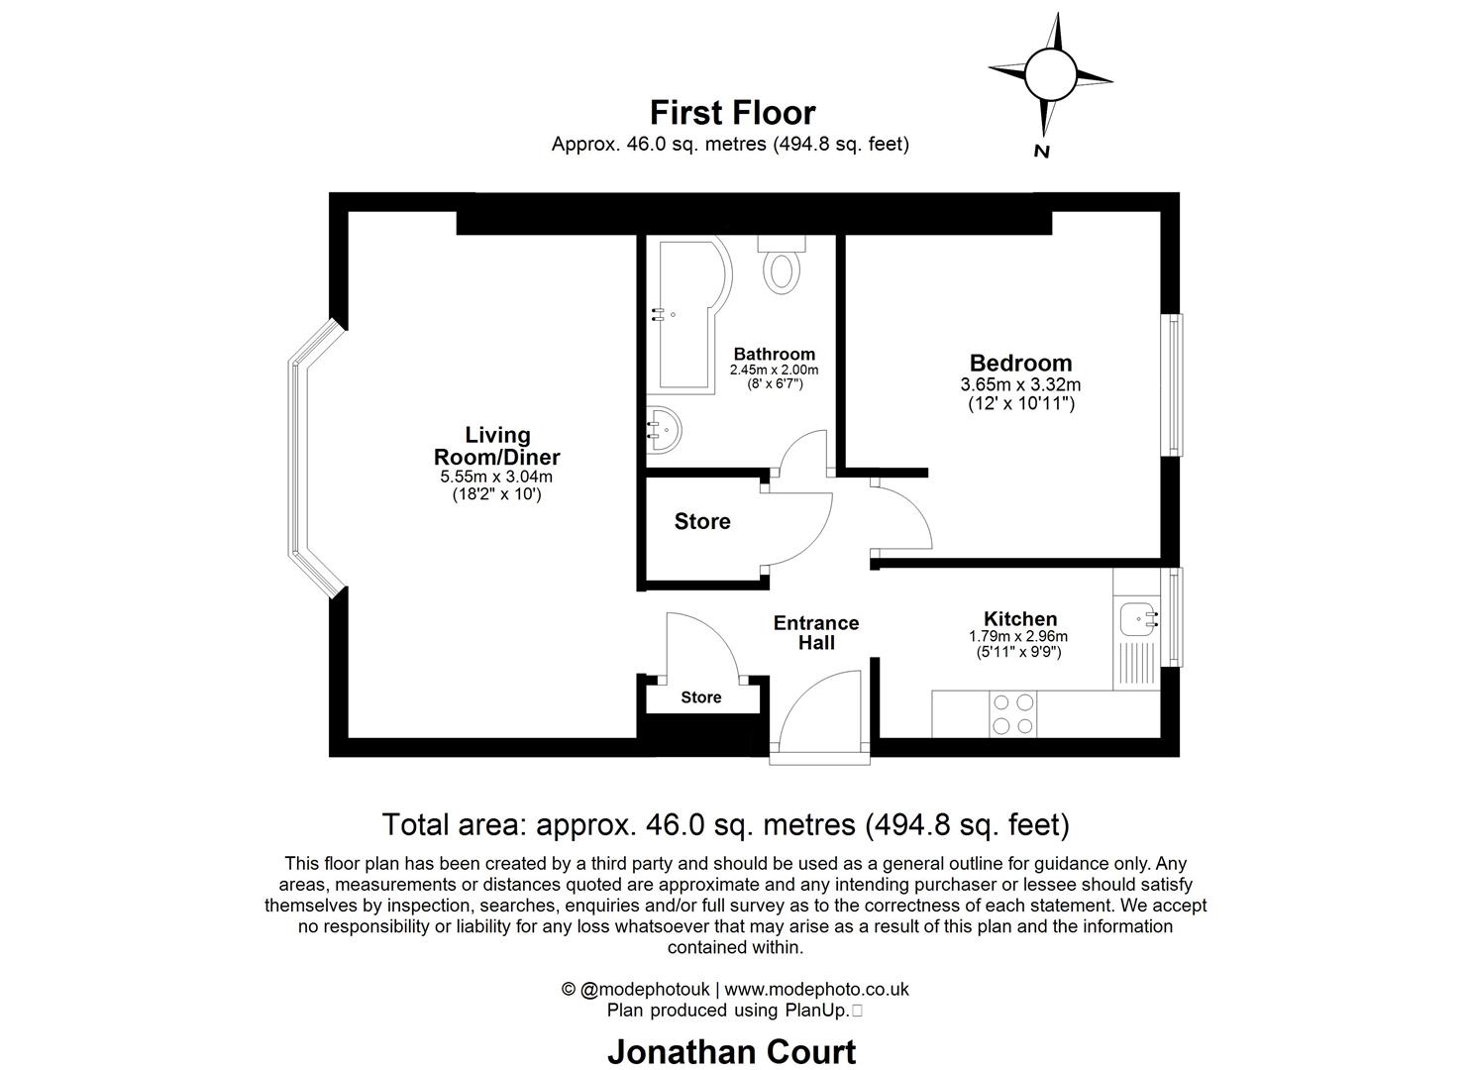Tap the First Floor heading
coord(732,113)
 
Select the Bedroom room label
coord(1020,363)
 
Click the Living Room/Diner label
coord(496,446)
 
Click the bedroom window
coord(1172,385)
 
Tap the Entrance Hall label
coord(815,632)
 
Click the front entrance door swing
coord(820,707)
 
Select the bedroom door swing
coord(902,516)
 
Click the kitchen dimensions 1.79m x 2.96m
coord(1019,637)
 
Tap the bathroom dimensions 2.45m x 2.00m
coord(774,370)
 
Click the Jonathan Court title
coord(731,1051)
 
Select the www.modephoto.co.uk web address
coord(816,989)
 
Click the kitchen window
coord(1172,616)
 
